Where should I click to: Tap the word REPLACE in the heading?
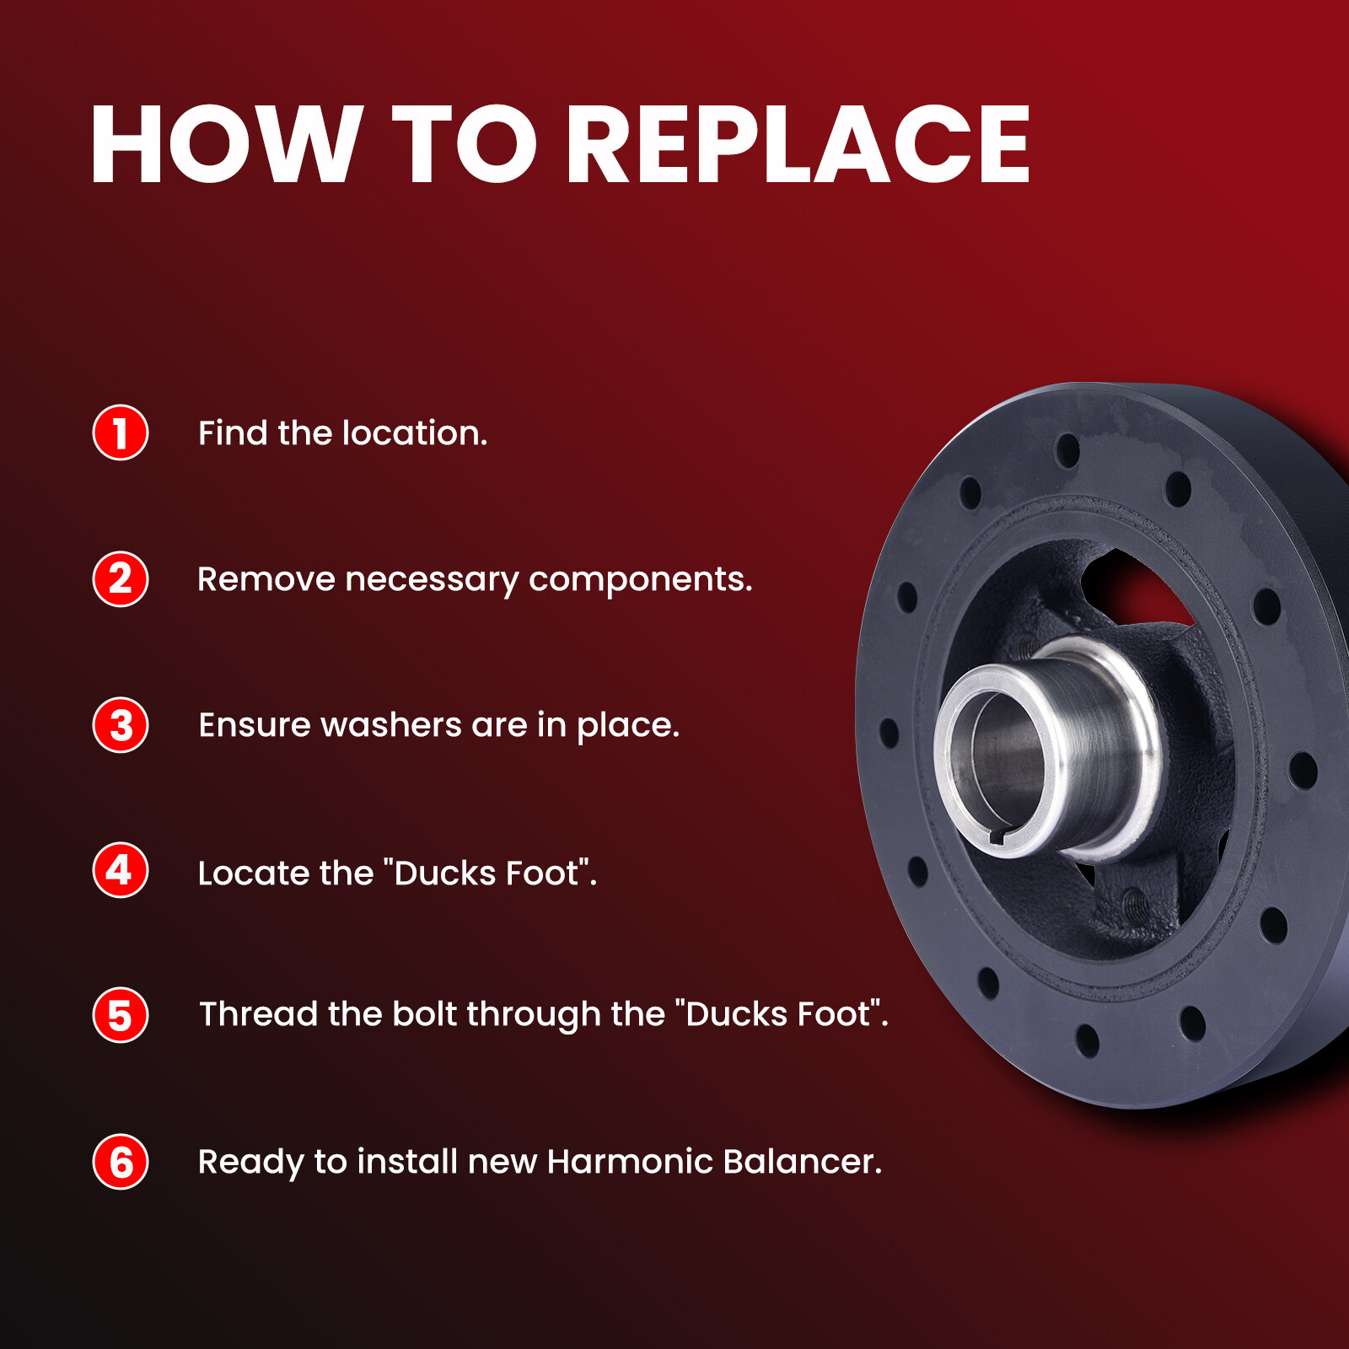[798, 143]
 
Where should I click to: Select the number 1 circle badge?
[121, 433]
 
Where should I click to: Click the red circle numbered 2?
[121, 579]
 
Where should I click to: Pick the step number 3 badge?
[121, 725]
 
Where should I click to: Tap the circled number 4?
[121, 870]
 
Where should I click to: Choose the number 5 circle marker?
[121, 1015]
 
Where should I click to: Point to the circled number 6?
[121, 1162]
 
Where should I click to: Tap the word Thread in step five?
[259, 1013]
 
